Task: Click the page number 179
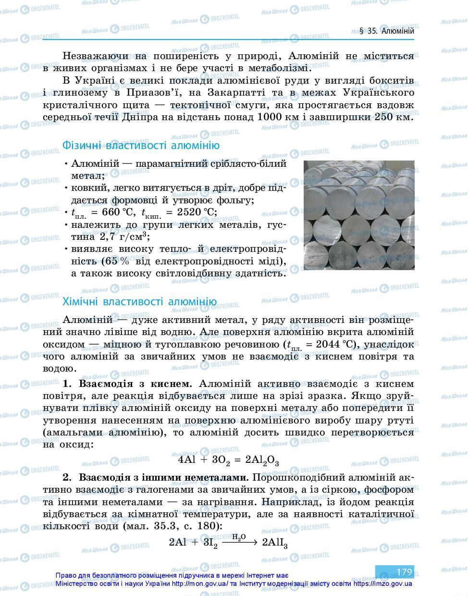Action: click(x=404, y=572)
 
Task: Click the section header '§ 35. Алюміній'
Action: click(x=386, y=31)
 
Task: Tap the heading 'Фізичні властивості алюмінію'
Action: click(x=141, y=146)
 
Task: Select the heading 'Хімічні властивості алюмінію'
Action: click(x=139, y=302)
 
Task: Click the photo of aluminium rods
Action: click(x=358, y=215)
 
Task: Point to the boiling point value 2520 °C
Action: click(x=192, y=212)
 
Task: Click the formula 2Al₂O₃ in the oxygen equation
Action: click(x=262, y=460)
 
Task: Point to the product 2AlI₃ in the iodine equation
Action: click(x=274, y=543)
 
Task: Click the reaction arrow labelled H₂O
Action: click(x=239, y=542)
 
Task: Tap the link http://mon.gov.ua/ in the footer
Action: click(x=200, y=584)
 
